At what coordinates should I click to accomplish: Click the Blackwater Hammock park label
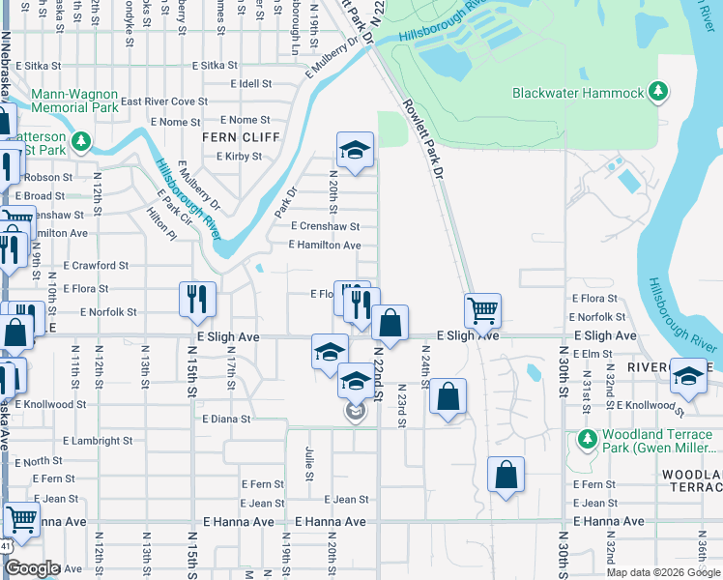pyautogui.click(x=578, y=93)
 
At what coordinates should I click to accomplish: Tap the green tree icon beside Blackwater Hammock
pyautogui.click(x=658, y=92)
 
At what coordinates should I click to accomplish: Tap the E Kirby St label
pyautogui.click(x=239, y=156)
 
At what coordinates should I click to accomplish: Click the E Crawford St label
pyautogui.click(x=96, y=265)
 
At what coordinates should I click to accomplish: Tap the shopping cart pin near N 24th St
pyautogui.click(x=482, y=310)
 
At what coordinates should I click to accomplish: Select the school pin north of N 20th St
pyautogui.click(x=355, y=150)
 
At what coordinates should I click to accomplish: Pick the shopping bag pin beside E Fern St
pyautogui.click(x=506, y=475)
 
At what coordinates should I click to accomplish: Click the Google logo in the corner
pyautogui.click(x=31, y=568)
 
